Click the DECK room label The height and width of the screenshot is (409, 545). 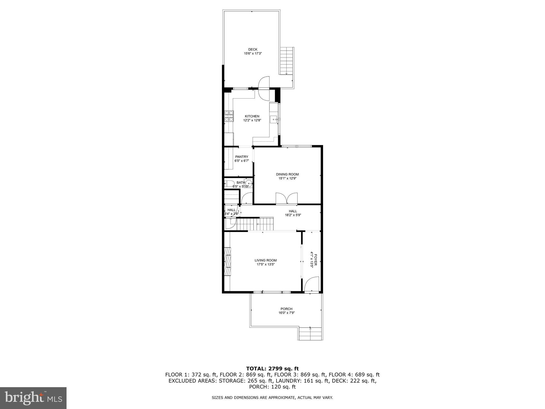coord(253,49)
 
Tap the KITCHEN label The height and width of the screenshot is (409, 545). coord(252,116)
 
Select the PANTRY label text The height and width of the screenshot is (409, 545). coord(241,157)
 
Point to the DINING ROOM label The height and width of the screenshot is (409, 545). coord(287,174)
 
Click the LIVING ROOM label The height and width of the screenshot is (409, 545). coord(266,260)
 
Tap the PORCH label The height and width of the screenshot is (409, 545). coord(286,309)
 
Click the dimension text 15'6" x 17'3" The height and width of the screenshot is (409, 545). coord(253,54)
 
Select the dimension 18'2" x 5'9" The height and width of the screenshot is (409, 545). coord(293,215)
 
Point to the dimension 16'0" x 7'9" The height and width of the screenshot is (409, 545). coord(286,313)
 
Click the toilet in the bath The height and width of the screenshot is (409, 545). coord(229,183)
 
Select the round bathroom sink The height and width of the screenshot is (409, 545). coord(249,183)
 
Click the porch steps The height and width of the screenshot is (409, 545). coord(310,334)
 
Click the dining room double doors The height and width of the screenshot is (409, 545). coord(286,199)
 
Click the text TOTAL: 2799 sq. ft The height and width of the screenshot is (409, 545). coord(272,369)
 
